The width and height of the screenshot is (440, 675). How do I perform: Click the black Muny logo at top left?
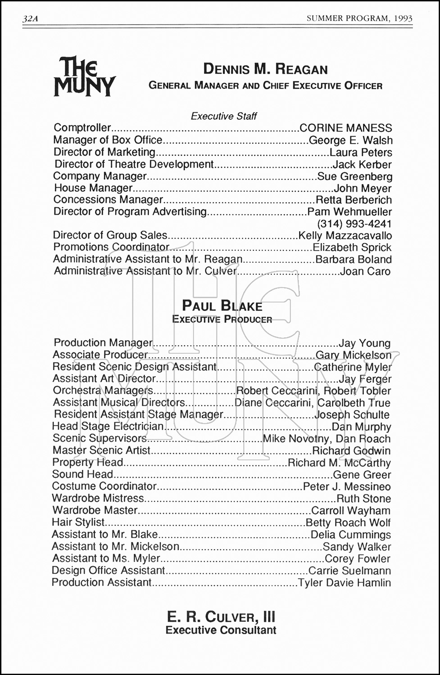click(x=84, y=76)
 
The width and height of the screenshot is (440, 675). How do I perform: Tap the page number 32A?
click(x=30, y=18)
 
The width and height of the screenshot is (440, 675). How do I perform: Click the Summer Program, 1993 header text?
click(x=359, y=18)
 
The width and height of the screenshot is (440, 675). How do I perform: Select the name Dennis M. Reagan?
click(x=265, y=69)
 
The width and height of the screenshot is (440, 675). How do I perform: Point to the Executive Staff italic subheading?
click(x=223, y=116)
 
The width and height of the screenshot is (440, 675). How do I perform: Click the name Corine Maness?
click(x=345, y=128)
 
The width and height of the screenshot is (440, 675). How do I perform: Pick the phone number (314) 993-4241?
click(x=354, y=224)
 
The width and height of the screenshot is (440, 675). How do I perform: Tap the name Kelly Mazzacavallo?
click(x=345, y=235)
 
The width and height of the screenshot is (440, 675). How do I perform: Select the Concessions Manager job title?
click(x=108, y=199)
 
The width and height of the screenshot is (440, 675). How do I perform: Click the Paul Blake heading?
click(x=222, y=306)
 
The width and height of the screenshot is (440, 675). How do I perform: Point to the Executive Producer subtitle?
click(x=222, y=319)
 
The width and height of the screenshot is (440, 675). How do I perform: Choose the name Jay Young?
click(x=365, y=344)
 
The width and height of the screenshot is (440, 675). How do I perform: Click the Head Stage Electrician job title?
click(x=108, y=426)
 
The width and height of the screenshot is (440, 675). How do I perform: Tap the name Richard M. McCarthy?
click(x=339, y=463)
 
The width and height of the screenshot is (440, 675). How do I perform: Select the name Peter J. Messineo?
click(x=347, y=486)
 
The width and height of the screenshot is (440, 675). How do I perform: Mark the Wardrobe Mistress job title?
click(x=98, y=498)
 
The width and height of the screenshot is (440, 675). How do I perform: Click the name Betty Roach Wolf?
click(x=348, y=522)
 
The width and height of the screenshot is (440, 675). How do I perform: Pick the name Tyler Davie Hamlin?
click(x=345, y=583)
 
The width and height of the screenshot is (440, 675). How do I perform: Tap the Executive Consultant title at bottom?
click(x=221, y=630)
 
